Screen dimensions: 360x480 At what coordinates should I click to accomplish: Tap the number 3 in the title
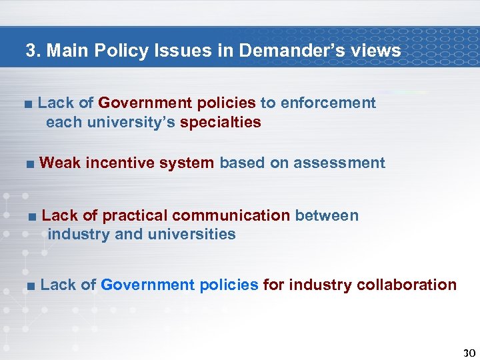coord(31,51)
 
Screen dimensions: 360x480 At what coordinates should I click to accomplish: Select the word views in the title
coord(377,51)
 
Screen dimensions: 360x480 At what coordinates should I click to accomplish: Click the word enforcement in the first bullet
coord(328,103)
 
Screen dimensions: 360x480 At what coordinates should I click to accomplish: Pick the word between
coord(327,215)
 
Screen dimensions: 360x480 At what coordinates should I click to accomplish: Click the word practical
coord(135,215)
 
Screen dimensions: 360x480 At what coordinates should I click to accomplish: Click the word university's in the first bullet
coord(131,122)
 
